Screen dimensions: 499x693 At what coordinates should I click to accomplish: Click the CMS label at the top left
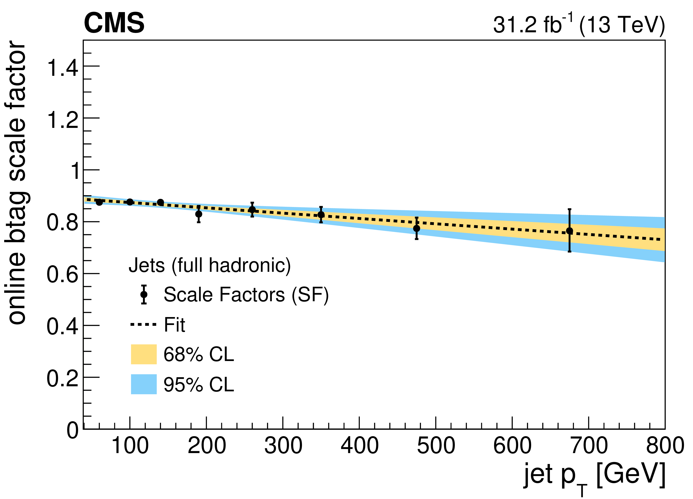pos(114,24)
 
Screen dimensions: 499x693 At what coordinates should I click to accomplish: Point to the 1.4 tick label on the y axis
pos(62,67)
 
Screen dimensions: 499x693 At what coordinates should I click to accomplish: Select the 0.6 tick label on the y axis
pos(62,274)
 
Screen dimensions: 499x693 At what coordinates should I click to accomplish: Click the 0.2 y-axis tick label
pos(62,378)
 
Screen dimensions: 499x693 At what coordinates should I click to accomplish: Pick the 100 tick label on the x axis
pos(130,446)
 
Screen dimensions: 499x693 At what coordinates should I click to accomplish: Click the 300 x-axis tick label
pos(283,446)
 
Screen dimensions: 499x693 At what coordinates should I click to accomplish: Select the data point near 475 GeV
pos(417,228)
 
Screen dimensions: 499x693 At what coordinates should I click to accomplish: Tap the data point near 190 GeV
pos(199,214)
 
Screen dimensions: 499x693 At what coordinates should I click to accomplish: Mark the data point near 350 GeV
pos(321,214)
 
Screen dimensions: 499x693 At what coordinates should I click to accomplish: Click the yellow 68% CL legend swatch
pos(144,354)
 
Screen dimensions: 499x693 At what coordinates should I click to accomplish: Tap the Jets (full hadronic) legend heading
pos(210,265)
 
